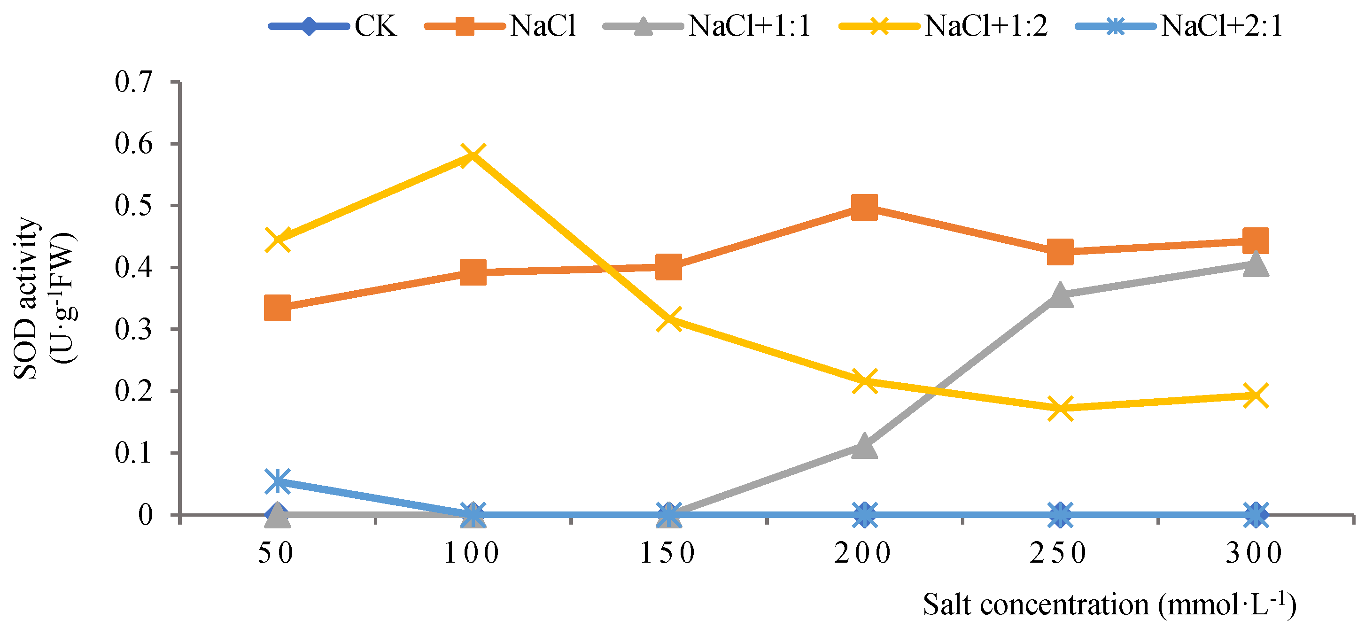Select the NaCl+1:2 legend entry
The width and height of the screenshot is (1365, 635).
click(x=943, y=25)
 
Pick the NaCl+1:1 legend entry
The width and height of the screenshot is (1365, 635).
click(x=707, y=25)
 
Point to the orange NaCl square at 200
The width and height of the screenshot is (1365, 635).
click(x=864, y=206)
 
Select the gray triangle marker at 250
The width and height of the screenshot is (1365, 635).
click(x=1060, y=294)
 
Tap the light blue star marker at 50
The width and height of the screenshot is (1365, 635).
click(x=277, y=481)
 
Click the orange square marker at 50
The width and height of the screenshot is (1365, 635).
click(x=277, y=308)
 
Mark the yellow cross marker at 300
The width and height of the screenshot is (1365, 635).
click(x=1255, y=395)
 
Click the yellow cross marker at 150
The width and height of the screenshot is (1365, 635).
click(x=669, y=320)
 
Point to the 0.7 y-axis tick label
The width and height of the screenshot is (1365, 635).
click(x=133, y=82)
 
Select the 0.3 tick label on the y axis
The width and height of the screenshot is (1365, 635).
click(x=133, y=330)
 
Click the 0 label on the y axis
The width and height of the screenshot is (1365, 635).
click(x=145, y=515)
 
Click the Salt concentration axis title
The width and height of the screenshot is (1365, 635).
click(x=1109, y=605)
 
